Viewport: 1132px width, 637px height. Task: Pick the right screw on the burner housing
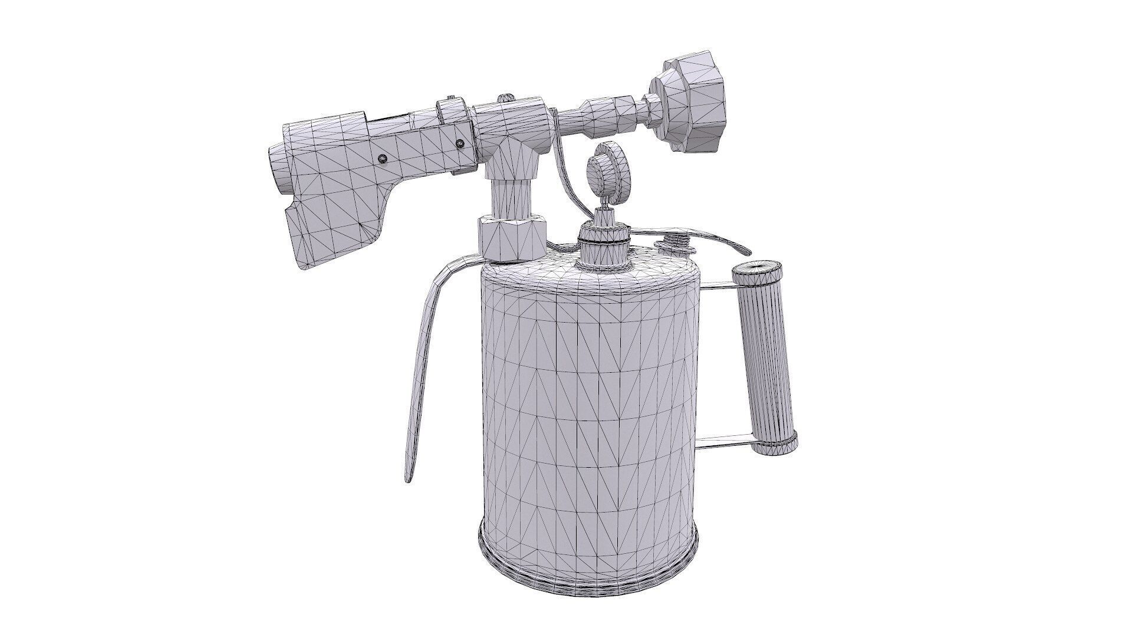click(460, 142)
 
